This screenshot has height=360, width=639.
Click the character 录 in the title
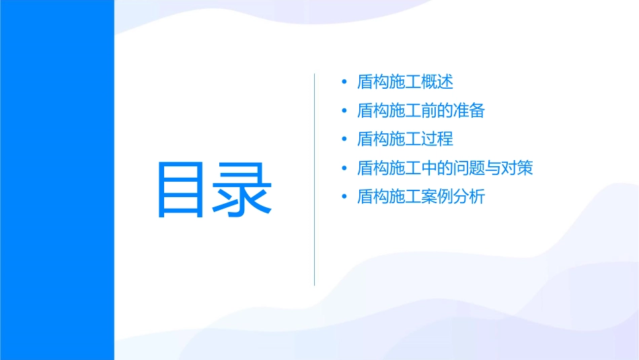[x=245, y=188]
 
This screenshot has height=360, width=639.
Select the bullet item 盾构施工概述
[x=405, y=82]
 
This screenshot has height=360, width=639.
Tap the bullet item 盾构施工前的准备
[x=421, y=110]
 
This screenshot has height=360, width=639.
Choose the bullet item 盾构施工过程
[x=405, y=139]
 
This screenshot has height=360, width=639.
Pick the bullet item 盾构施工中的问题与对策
[x=445, y=168]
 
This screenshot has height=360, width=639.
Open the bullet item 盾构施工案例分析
[x=421, y=196]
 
